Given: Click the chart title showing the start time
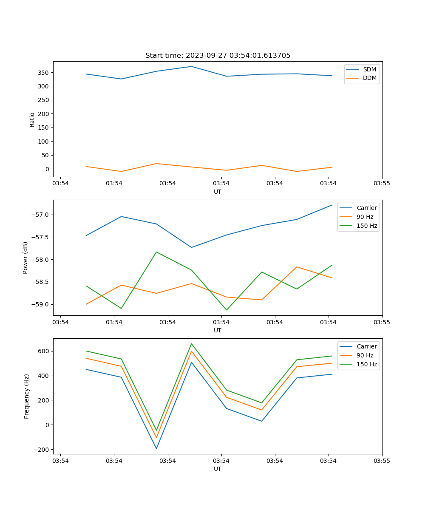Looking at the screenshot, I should tap(218, 56).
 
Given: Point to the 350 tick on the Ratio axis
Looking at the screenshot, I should tap(45, 72).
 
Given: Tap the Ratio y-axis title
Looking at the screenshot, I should tap(32, 119).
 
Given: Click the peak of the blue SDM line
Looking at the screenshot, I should tap(191, 66).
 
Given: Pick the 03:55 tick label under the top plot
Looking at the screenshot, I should tap(382, 184).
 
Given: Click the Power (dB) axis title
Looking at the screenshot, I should tap(25, 258).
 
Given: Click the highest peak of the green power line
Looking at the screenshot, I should tap(156, 252).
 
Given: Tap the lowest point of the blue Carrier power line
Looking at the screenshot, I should tap(191, 247).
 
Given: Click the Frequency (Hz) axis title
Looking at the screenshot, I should tap(26, 396).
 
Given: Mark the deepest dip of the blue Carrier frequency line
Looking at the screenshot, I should tap(156, 448).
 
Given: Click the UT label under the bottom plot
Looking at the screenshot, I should tap(218, 469).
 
